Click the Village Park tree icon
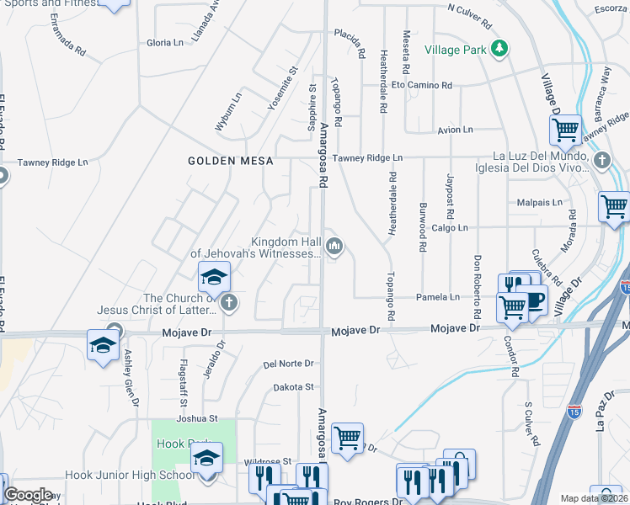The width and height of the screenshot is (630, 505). tap(500, 49)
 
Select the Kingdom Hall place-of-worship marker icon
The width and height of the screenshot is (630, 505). tap(334, 247)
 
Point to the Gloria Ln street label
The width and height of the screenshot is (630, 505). tap(164, 43)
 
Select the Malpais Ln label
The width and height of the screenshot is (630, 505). tap(539, 203)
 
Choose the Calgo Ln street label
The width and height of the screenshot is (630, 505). tap(449, 228)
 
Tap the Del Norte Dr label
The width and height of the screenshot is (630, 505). tap(288, 364)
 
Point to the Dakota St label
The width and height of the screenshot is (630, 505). tap(293, 387)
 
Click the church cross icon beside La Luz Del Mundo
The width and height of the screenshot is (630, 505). tap(601, 160)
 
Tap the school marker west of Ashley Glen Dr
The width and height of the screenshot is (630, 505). tap(104, 345)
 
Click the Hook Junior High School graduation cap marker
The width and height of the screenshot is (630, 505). tap(206, 458)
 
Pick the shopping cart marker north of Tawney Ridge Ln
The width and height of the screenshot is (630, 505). tap(565, 130)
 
